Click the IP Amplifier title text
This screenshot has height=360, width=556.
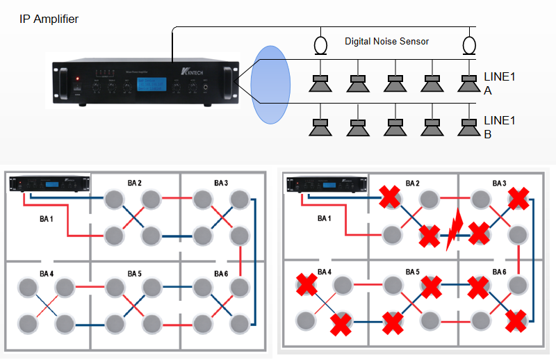coord(49,19)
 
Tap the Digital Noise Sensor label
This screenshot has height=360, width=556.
coord(386,42)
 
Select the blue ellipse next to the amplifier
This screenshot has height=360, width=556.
coord(270,85)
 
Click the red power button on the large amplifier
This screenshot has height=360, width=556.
coord(78,78)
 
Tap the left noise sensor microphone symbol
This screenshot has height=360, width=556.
coord(320,45)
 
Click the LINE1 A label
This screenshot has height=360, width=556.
coord(500,83)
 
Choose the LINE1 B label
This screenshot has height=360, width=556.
coord(500,127)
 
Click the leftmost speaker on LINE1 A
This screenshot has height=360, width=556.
coord(320,83)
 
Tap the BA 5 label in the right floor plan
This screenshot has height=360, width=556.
coord(412,271)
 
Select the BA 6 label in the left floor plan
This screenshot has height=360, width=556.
coord(221,273)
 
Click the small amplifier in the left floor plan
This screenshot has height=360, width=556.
coord(50,184)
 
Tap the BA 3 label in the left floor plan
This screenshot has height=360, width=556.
coord(221,183)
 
